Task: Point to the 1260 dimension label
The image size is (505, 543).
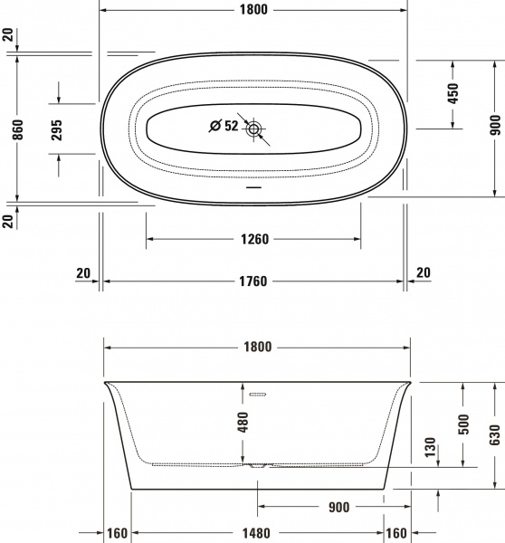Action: pyautogui.click(x=253, y=239)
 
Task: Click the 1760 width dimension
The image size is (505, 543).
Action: pyautogui.click(x=253, y=281)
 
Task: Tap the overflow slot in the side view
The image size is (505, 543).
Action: pyautogui.click(x=260, y=395)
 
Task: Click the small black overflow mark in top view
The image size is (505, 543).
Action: pyautogui.click(x=254, y=191)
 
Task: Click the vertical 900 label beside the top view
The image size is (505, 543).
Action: pyautogui.click(x=494, y=128)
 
